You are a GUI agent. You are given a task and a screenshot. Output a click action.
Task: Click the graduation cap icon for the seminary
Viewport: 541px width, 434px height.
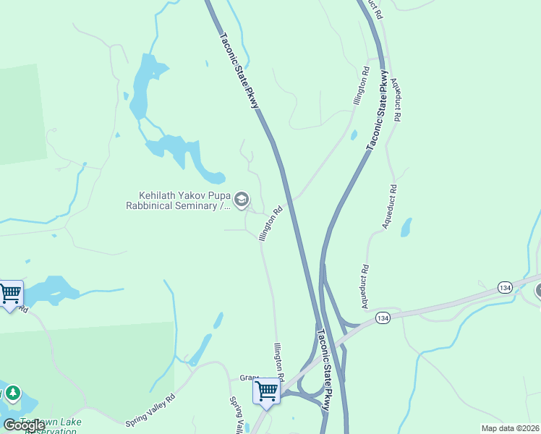tap(242, 200)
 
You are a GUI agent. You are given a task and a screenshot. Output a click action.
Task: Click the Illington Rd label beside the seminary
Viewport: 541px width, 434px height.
tap(269, 225)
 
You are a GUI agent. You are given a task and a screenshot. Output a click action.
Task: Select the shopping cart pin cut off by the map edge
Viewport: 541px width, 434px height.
tap(9, 294)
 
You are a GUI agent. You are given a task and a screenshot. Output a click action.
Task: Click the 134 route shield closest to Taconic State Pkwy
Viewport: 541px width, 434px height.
tap(383, 318)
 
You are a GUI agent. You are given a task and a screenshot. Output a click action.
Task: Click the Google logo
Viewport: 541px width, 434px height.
tap(24, 425)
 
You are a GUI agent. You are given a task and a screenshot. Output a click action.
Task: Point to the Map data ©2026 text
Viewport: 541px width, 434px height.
tap(510, 428)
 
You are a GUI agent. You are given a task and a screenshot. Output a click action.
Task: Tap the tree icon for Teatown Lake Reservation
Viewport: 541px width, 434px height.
tap(12, 394)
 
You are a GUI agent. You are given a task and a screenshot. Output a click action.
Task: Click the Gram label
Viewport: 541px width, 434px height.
tap(249, 378)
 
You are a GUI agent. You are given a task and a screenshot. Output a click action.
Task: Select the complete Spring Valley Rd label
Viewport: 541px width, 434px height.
tap(150, 409)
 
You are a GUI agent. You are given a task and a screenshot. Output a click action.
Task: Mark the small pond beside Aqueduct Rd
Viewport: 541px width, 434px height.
tap(406, 227)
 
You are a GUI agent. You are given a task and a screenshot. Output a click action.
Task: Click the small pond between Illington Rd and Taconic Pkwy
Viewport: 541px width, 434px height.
tap(353, 135)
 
